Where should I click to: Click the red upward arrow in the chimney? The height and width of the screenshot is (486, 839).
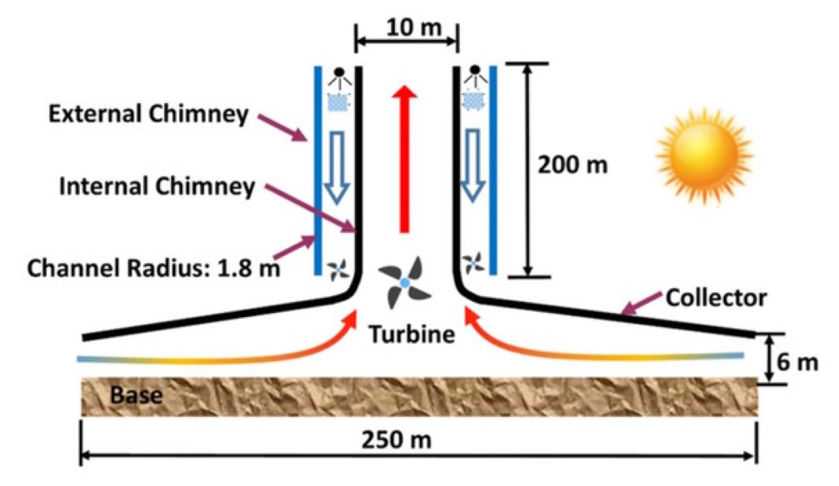tap(406, 158)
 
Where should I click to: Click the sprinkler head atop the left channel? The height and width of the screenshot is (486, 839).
tap(337, 77)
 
